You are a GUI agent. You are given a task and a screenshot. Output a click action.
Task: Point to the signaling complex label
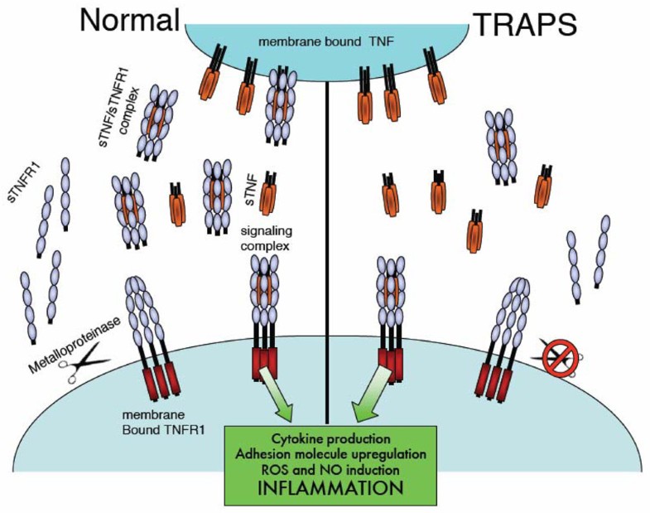tap(267, 239)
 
